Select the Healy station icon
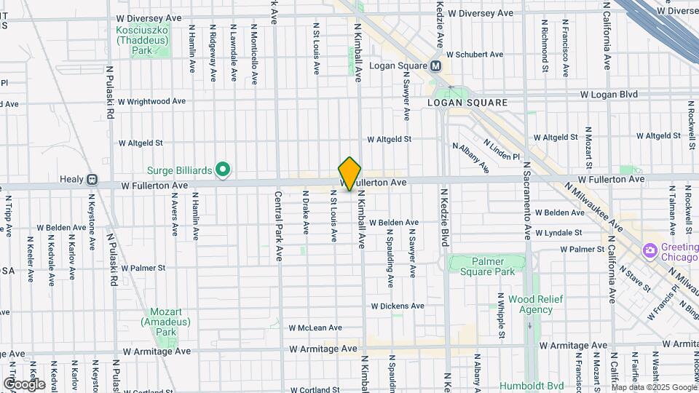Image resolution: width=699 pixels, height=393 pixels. pyautogui.click(x=92, y=179)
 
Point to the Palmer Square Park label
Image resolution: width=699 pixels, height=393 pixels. pyautogui.click(x=487, y=266)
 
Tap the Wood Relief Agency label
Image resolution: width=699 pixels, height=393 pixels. pyautogui.click(x=531, y=304)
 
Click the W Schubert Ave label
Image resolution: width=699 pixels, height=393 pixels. pyautogui.click(x=475, y=55)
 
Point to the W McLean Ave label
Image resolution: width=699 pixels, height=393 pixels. pyautogui.click(x=315, y=328)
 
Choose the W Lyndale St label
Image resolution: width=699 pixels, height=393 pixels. pyautogui.click(x=559, y=233)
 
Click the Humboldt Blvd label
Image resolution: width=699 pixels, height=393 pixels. pyautogui.click(x=532, y=386)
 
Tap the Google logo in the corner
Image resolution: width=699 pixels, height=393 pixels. pyautogui.click(x=24, y=384)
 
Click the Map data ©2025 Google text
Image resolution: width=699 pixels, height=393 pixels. pyautogui.click(x=654, y=387)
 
